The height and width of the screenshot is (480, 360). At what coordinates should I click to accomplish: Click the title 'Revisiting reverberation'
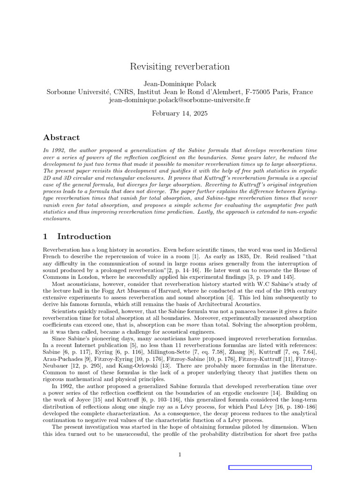pyautogui.click(x=180, y=67)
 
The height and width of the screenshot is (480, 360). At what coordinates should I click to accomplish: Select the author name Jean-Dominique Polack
pyautogui.click(x=180, y=84)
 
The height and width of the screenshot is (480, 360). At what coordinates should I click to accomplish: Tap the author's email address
pyautogui.click(x=180, y=100)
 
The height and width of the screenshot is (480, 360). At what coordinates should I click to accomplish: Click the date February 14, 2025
pyautogui.click(x=180, y=113)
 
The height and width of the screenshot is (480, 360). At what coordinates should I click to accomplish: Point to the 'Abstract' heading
pyautogui.click(x=61, y=137)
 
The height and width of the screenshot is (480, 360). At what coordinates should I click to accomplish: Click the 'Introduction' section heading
pyautogui.click(x=84, y=236)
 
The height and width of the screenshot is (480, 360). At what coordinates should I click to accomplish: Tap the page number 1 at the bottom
pyautogui.click(x=180, y=454)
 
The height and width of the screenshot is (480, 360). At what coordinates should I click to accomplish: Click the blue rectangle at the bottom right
pyautogui.click(x=270, y=467)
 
